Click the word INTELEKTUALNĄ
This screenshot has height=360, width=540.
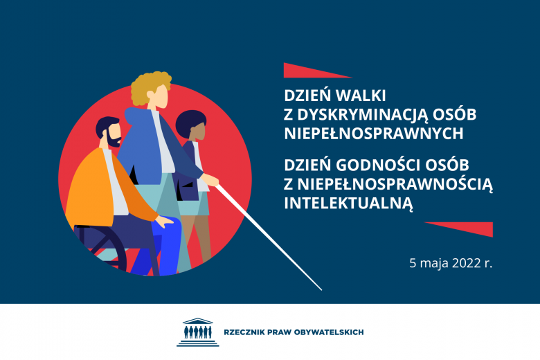(348, 202)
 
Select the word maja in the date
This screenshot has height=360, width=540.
(433, 264)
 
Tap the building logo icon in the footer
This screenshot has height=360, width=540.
(197, 332)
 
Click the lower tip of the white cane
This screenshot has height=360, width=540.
(321, 288)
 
